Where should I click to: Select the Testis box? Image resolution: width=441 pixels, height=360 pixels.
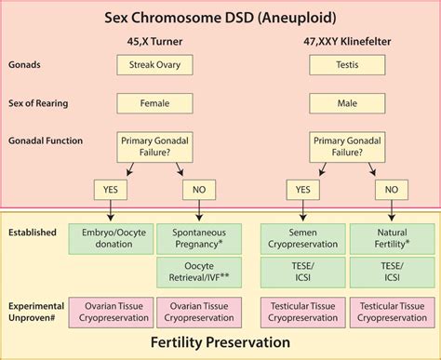(x=344, y=66)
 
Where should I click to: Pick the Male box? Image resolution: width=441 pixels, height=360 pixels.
(x=344, y=102)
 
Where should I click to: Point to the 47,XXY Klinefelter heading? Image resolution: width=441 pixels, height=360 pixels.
(x=344, y=40)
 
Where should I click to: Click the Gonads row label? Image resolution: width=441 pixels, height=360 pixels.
(x=26, y=66)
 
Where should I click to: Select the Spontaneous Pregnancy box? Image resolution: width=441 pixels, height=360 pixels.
(x=200, y=237)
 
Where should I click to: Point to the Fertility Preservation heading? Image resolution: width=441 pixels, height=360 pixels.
(x=220, y=342)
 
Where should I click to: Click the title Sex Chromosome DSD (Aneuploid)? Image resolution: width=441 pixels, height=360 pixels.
(x=220, y=16)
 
